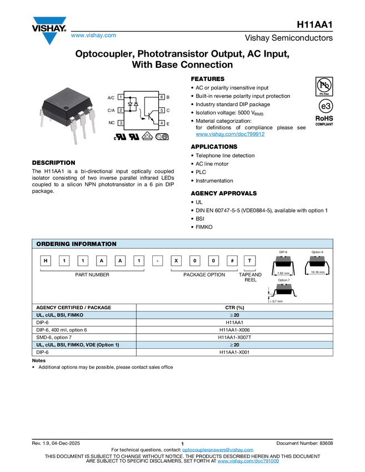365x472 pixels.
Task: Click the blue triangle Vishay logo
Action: (x=50, y=38)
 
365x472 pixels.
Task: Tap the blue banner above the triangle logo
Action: (x=49, y=21)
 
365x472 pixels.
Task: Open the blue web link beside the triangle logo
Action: (x=93, y=36)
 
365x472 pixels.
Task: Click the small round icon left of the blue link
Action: (x=159, y=136)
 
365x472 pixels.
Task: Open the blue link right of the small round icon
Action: (x=230, y=134)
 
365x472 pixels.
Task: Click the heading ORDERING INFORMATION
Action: (x=76, y=244)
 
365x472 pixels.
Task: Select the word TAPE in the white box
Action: (x=245, y=274)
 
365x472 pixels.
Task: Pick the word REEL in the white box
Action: (x=251, y=280)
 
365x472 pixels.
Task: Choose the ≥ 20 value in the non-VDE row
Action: (x=234, y=315)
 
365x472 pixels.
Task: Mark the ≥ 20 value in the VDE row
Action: (x=234, y=345)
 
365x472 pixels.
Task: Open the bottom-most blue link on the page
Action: (x=248, y=461)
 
